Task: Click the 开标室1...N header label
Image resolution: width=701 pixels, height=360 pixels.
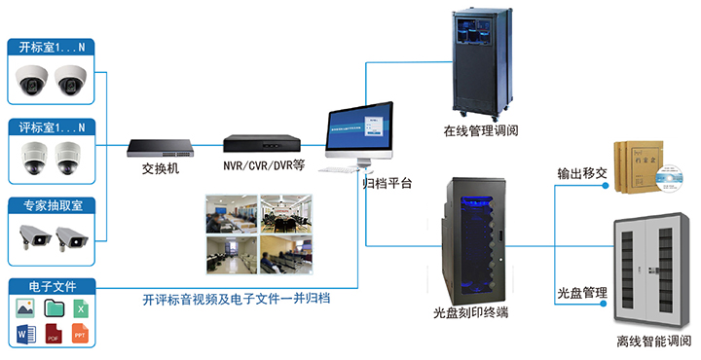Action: coord(53,46)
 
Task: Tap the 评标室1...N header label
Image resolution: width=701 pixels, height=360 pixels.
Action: coord(53,126)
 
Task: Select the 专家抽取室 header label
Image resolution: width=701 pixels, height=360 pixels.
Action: coord(53,206)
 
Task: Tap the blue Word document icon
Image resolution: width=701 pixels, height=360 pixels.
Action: coord(25,336)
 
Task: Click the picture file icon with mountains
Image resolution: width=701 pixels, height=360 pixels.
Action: coord(25,308)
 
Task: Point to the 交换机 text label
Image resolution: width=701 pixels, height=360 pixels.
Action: coord(160,167)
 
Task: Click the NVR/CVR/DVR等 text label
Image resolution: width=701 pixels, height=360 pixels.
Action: coord(264,165)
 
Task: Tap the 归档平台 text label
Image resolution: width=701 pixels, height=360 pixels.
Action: coord(387,183)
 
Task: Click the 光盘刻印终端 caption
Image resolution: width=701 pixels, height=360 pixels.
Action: coord(471,313)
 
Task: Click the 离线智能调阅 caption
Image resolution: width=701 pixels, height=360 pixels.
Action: coord(653,341)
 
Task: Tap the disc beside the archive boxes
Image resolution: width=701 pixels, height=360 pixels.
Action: coord(669,179)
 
